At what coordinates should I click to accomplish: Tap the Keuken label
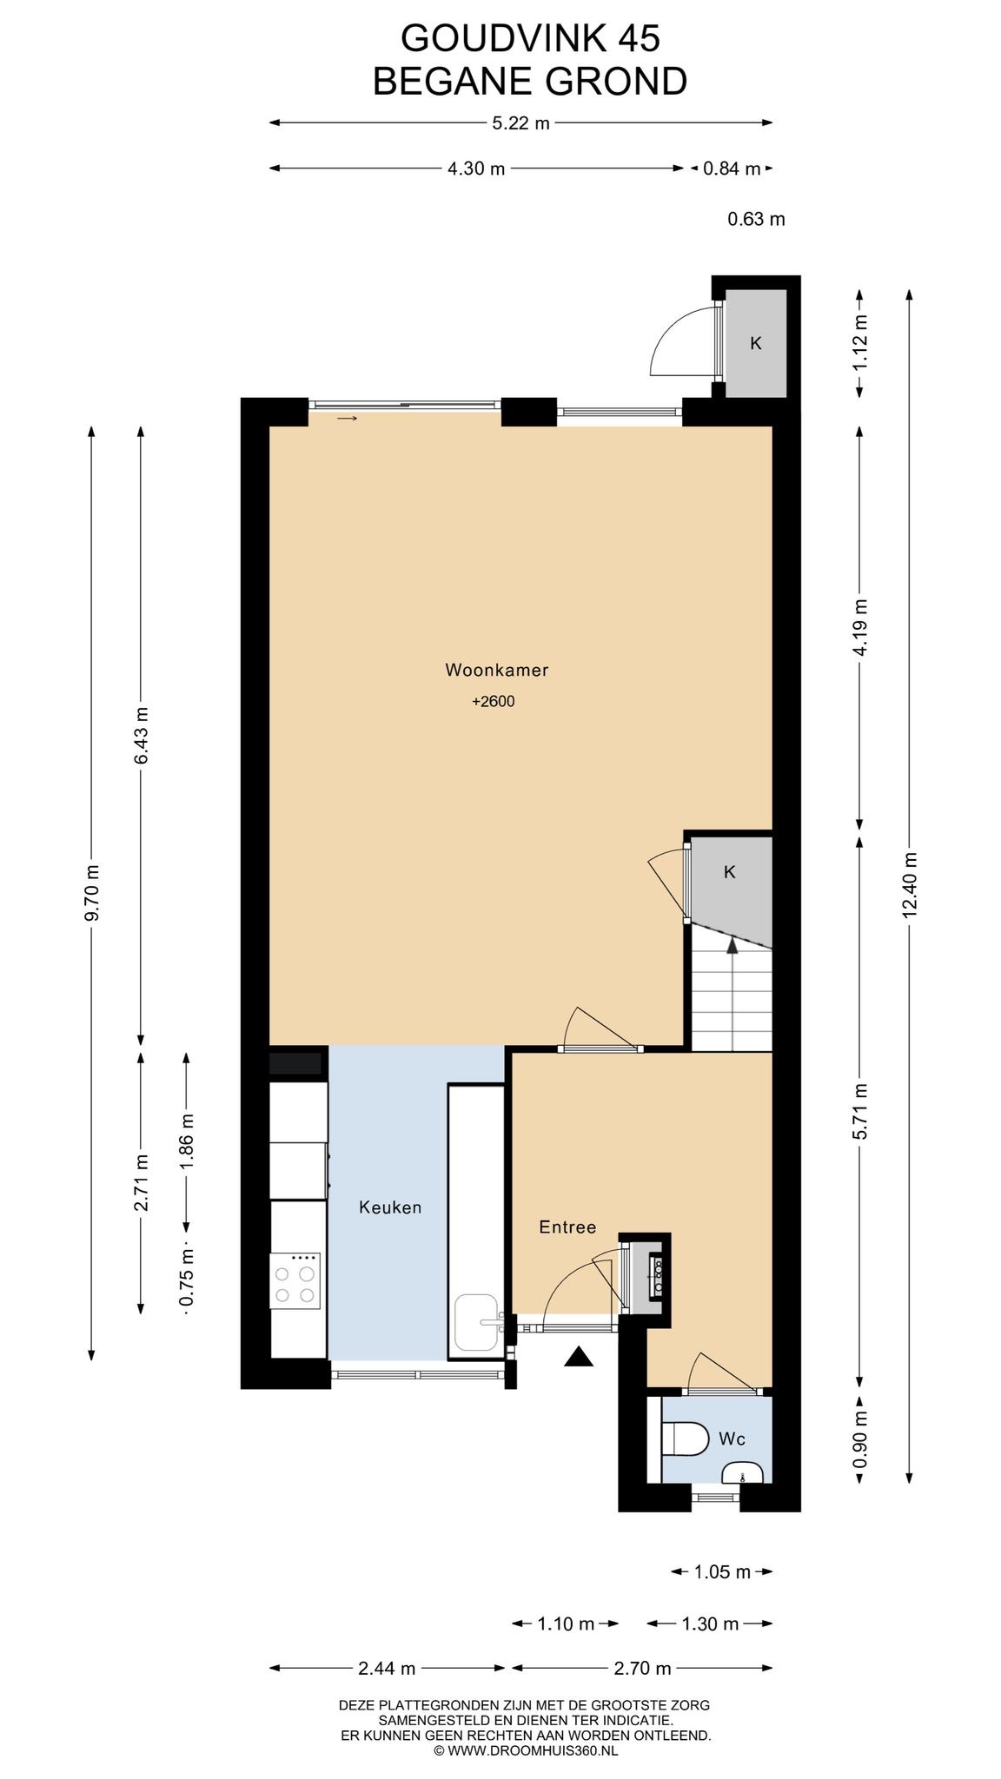point(390,1207)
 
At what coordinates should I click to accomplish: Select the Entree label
point(567,1227)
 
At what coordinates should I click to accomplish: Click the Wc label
point(732,1439)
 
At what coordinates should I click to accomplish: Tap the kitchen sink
point(479,1322)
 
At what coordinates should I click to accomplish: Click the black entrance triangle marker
point(578,1356)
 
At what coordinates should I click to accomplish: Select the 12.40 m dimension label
point(909,883)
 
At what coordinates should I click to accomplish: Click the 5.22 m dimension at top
point(520,123)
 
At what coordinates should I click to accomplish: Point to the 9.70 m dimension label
point(93,892)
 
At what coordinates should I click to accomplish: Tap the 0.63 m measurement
point(756,219)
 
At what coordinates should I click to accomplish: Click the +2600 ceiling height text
point(494,701)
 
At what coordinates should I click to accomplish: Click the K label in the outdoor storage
point(756,343)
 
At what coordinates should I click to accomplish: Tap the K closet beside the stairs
point(730,872)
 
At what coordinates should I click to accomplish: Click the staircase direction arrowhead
point(733,945)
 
